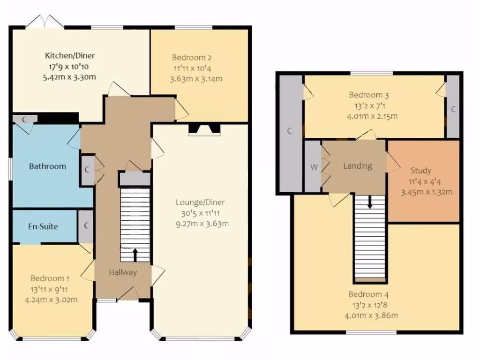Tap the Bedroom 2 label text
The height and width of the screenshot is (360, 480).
pos(191,58)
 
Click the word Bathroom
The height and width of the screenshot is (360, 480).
pos(47,166)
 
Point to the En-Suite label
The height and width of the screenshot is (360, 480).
pos(43,226)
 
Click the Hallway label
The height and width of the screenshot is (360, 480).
pos(123,272)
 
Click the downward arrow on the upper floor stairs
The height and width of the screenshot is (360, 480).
pos(370,202)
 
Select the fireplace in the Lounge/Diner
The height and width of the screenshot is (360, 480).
pos(203,130)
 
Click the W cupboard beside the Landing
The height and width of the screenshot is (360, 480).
pos(313,166)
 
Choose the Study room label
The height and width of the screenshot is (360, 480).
pos(420,171)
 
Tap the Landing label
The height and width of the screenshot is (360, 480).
pos(358,166)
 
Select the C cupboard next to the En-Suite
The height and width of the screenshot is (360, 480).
pos(86,225)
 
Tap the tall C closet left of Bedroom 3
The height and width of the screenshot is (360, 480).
pos(290,132)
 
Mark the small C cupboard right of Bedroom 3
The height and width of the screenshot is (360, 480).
pos(453,109)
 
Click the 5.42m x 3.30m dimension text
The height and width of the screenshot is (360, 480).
pos(69,76)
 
